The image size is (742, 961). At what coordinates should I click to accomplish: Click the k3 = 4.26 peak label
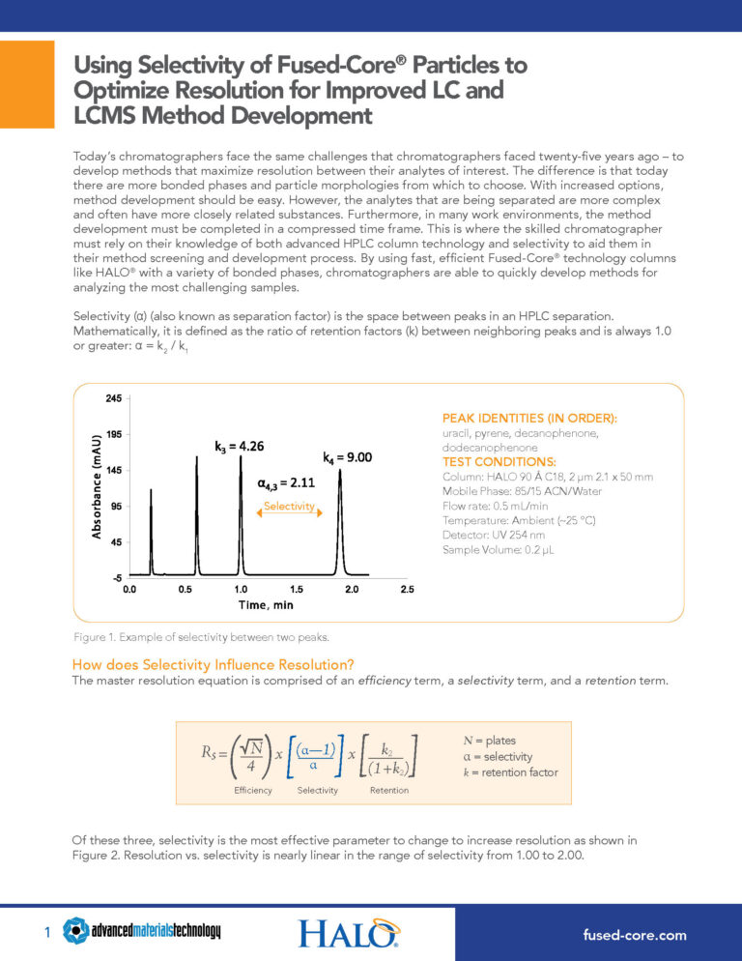(239, 447)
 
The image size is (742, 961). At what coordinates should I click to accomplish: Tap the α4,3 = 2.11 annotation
(286, 482)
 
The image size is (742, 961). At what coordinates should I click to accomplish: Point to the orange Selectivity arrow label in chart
(287, 507)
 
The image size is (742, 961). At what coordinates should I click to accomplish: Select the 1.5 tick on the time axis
(297, 589)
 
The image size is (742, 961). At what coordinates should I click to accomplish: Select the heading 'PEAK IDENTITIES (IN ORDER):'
(529, 419)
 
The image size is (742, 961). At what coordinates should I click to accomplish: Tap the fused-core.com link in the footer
(634, 934)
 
